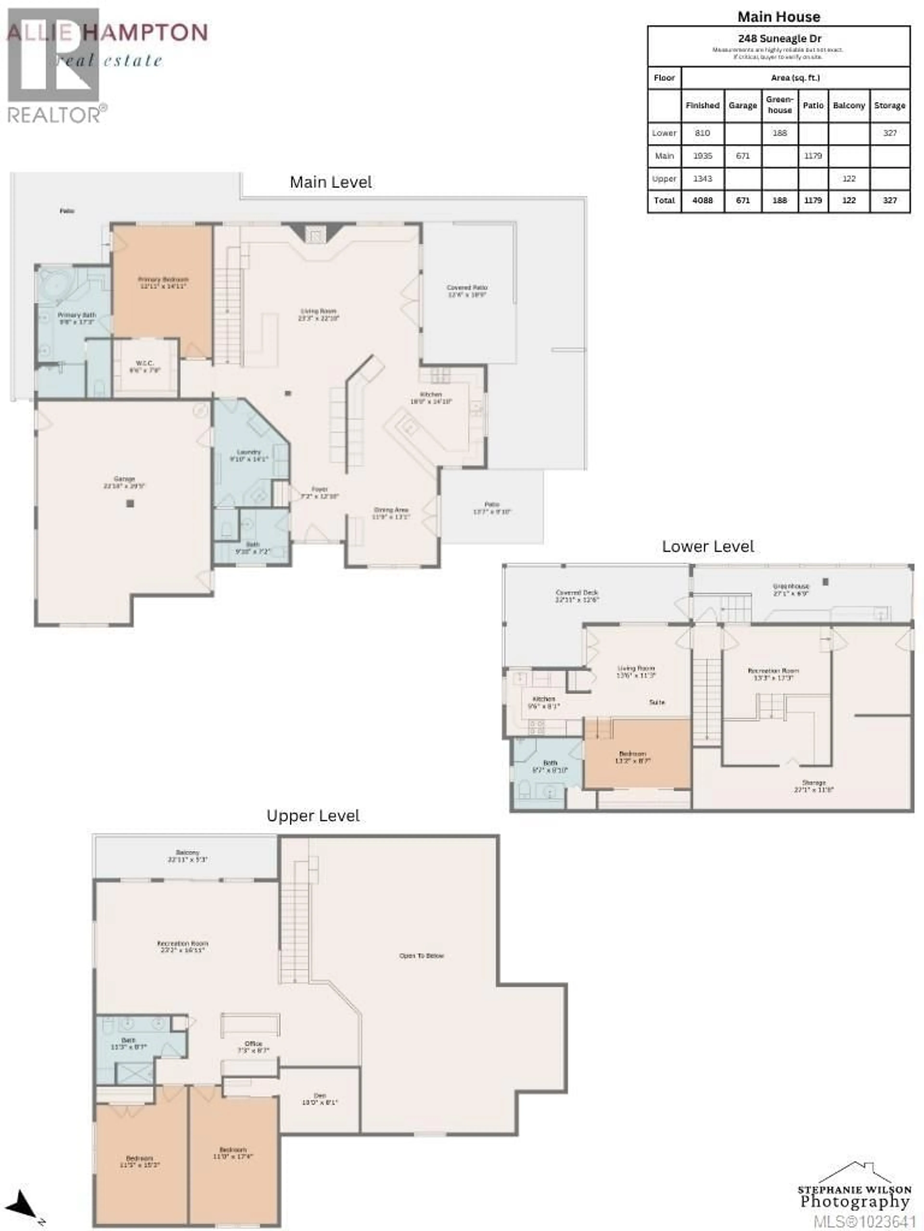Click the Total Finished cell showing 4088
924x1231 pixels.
coord(702,200)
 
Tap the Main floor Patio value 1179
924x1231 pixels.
coord(813,156)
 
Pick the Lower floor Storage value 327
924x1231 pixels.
coord(889,133)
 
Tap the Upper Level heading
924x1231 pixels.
coord(313,816)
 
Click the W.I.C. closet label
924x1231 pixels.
coord(145,366)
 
